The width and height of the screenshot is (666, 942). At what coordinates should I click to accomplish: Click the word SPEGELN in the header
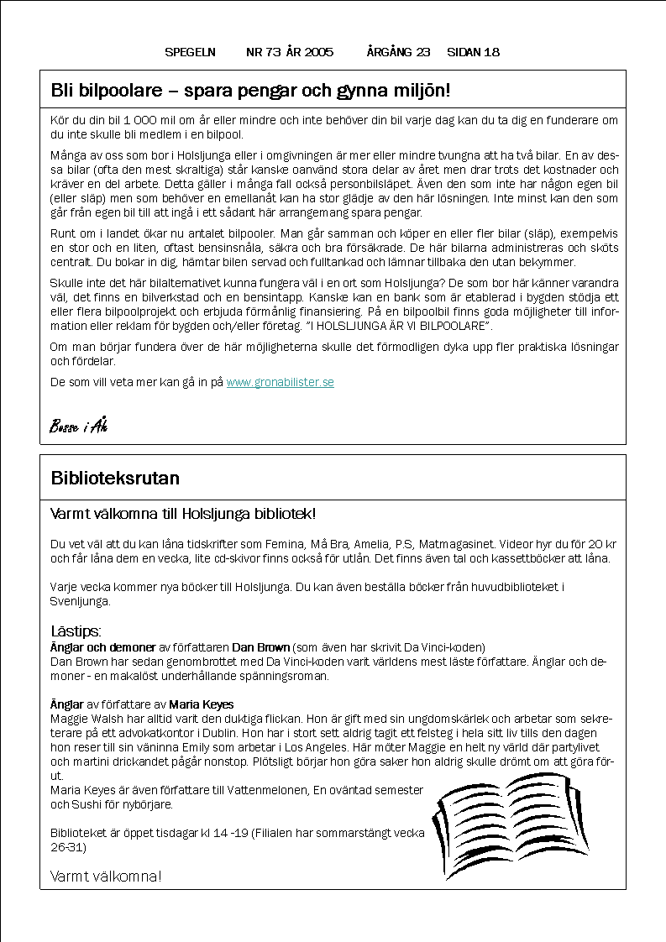190,52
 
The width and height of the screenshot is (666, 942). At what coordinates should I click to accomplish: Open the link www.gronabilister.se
280,382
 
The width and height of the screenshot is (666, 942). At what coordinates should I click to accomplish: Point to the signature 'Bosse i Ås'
79,426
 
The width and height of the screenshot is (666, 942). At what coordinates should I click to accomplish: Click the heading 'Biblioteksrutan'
115,479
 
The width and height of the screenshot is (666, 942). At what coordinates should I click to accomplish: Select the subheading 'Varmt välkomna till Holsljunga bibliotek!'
183,513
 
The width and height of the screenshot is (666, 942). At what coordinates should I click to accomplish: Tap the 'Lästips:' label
76,631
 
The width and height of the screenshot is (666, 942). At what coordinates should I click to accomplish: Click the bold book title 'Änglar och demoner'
102,647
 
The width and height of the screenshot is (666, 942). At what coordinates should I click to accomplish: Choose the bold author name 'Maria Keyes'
201,704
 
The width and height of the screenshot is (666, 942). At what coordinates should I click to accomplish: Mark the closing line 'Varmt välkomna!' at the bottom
106,877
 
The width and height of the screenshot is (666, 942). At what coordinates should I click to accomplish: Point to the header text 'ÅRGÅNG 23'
398,52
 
